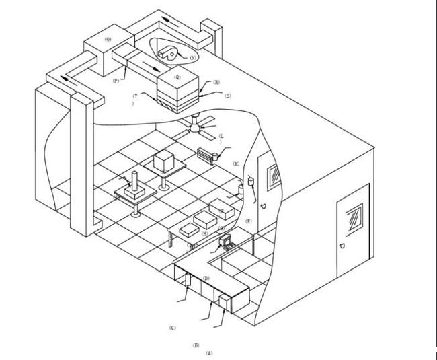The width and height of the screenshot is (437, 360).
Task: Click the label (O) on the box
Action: click(107, 40)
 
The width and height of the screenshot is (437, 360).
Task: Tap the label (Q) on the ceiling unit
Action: click(177, 77)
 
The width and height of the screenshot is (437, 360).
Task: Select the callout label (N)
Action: click(193, 58)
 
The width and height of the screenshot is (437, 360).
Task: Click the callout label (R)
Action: click(216, 83)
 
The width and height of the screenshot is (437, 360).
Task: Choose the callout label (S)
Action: click(228, 96)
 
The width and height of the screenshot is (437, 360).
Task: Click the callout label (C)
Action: click(173, 328)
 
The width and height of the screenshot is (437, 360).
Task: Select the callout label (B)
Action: click(196, 345)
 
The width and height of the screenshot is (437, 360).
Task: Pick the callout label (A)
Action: click(209, 353)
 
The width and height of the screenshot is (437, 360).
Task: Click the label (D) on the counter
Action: click(206, 278)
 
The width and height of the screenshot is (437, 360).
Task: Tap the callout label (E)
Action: click(249, 221)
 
